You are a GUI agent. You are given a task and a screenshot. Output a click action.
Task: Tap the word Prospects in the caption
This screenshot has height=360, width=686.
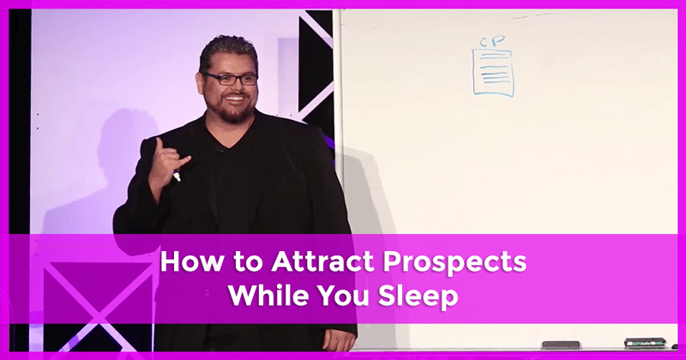point(454,263)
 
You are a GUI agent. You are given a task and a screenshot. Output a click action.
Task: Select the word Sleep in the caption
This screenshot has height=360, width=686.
point(418,297)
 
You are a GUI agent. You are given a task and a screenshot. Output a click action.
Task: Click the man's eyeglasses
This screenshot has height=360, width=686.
point(231,79)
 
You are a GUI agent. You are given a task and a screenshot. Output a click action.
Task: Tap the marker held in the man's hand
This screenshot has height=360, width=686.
point(177,175)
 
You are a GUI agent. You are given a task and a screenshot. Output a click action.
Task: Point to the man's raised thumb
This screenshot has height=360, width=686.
point(159,147)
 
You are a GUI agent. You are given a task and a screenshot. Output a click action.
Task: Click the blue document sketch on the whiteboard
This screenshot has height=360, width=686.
point(492,71)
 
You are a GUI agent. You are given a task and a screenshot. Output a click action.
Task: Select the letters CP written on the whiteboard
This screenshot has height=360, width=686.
point(492,41)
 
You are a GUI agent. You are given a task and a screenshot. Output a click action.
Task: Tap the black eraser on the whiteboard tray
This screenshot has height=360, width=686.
point(561,345)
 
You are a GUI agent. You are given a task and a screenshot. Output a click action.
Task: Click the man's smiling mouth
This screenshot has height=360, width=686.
point(235,99)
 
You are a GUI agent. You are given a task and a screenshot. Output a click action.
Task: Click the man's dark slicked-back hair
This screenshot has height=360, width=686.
point(227,51)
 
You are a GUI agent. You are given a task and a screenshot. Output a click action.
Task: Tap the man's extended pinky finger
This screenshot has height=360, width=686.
point(184,161)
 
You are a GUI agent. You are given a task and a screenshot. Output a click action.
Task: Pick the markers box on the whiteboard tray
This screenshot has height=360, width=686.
point(645,343)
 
